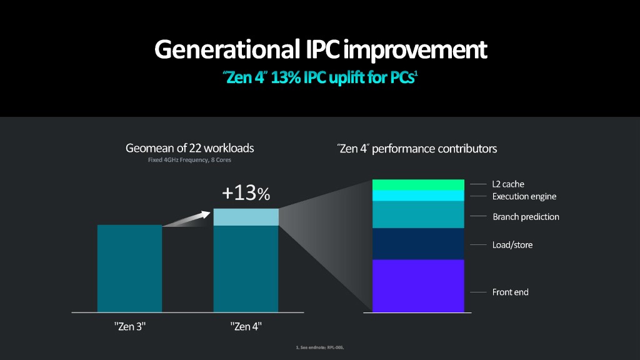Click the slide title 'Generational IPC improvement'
(x=320, y=49)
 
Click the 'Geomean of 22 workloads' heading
(x=190, y=149)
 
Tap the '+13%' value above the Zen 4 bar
(x=246, y=194)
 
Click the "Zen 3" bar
(x=129, y=268)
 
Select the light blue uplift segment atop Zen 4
(x=246, y=217)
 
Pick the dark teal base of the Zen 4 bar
(x=246, y=269)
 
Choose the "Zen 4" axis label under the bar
(x=246, y=326)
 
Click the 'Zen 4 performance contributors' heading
(x=417, y=149)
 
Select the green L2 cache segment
(x=418, y=184)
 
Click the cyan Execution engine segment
(x=418, y=196)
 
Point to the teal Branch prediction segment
(x=418, y=214)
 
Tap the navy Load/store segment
(x=418, y=244)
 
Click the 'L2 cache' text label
(x=508, y=184)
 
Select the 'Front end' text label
(x=510, y=292)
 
